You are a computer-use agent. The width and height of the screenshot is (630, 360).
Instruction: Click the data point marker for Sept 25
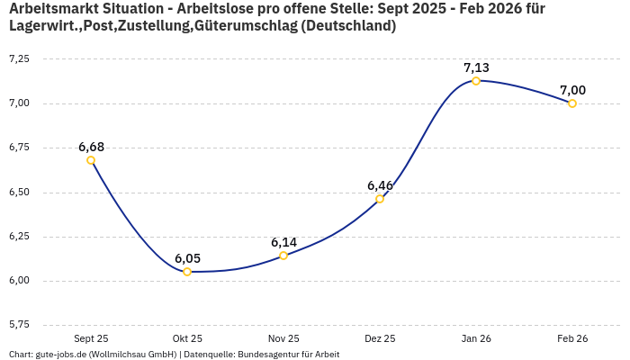(91, 160)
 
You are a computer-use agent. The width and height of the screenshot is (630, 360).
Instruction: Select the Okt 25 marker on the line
(187, 272)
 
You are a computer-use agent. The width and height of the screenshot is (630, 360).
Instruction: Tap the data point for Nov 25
(283, 256)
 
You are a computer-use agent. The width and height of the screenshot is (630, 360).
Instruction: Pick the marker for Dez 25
(380, 198)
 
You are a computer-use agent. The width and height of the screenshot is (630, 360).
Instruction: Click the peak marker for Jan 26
(476, 81)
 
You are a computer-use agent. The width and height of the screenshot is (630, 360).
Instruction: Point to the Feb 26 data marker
(572, 103)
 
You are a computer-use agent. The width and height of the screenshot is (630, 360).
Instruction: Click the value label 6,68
(91, 147)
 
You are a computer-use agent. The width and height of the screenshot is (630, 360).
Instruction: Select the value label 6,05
(187, 258)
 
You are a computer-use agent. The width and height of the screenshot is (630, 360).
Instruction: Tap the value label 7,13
(476, 67)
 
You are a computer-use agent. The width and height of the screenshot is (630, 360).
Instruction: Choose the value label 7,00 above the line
(572, 90)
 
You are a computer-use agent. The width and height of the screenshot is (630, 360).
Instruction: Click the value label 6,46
(380, 185)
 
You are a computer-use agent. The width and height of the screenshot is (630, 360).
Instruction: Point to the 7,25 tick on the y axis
(18, 58)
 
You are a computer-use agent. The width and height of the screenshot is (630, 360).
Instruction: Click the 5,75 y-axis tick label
(18, 324)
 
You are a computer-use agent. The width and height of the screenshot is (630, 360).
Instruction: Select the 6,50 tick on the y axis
(18, 192)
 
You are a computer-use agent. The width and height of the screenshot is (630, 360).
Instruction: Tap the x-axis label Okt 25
(187, 339)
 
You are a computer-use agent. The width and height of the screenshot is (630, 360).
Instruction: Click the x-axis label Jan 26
(476, 339)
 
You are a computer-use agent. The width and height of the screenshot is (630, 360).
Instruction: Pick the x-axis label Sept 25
(91, 339)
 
